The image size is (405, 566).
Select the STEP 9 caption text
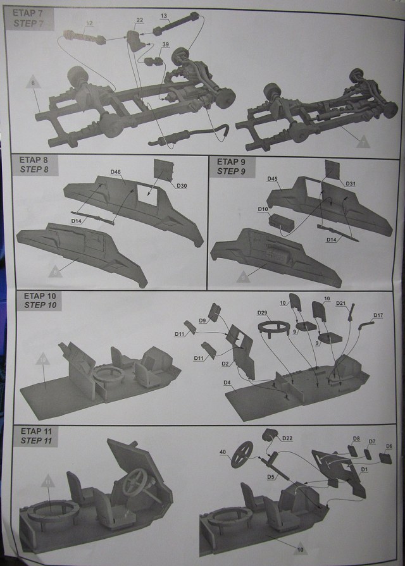point(232,171)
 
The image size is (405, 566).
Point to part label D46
point(115,171)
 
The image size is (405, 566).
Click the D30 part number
point(182,185)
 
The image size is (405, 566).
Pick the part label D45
point(272,179)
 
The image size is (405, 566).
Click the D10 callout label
point(263,208)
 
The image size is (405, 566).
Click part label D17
point(378,315)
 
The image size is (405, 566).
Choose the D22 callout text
point(287,438)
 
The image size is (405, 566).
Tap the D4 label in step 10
point(227,383)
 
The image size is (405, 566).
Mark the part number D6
point(389,446)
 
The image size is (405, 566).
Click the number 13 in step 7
point(164,15)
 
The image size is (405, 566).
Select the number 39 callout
point(165,44)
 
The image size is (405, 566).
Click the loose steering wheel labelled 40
point(241,455)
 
